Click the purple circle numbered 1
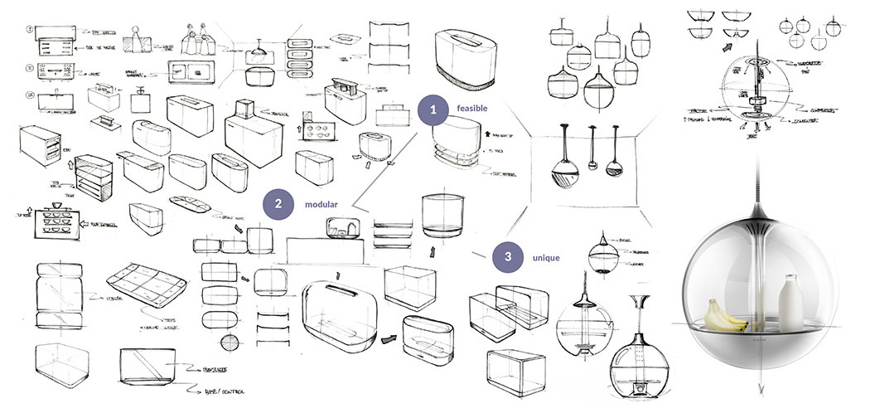[433, 109]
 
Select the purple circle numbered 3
[506, 257]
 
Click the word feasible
[471, 109]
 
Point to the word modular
[320, 205]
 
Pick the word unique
[545, 258]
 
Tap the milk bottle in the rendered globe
[792, 304]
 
